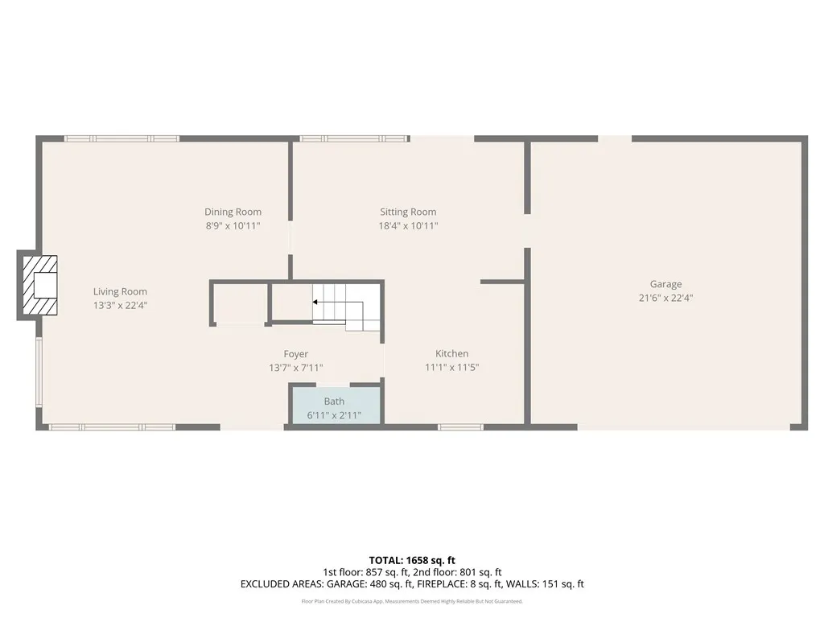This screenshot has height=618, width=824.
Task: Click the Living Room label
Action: tap(120, 291)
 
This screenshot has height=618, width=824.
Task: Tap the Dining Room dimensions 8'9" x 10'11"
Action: tap(233, 226)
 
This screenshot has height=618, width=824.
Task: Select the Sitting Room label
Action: tap(408, 212)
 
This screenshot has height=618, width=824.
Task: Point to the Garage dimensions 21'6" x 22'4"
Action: tap(665, 298)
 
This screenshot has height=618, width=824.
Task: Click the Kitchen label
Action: tap(451, 353)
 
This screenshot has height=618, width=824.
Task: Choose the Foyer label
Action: tap(295, 354)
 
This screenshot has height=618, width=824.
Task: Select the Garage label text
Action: tap(665, 284)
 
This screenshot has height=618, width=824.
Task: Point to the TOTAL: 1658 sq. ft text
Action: tap(412, 560)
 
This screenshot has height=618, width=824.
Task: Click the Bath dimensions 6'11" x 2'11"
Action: tap(334, 416)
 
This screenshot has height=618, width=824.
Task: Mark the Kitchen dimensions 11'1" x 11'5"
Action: tap(451, 368)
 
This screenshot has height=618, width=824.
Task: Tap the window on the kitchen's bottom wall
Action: tap(460, 426)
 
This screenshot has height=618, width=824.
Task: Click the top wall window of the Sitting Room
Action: tap(355, 138)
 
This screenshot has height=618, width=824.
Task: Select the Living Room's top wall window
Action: tap(122, 138)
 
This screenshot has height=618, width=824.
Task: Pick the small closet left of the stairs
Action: tap(239, 303)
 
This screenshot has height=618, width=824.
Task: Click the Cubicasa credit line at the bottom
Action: tap(412, 601)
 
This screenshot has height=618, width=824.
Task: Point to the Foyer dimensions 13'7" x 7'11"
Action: tap(295, 368)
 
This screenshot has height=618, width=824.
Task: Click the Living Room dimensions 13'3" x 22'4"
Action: tap(120, 306)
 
